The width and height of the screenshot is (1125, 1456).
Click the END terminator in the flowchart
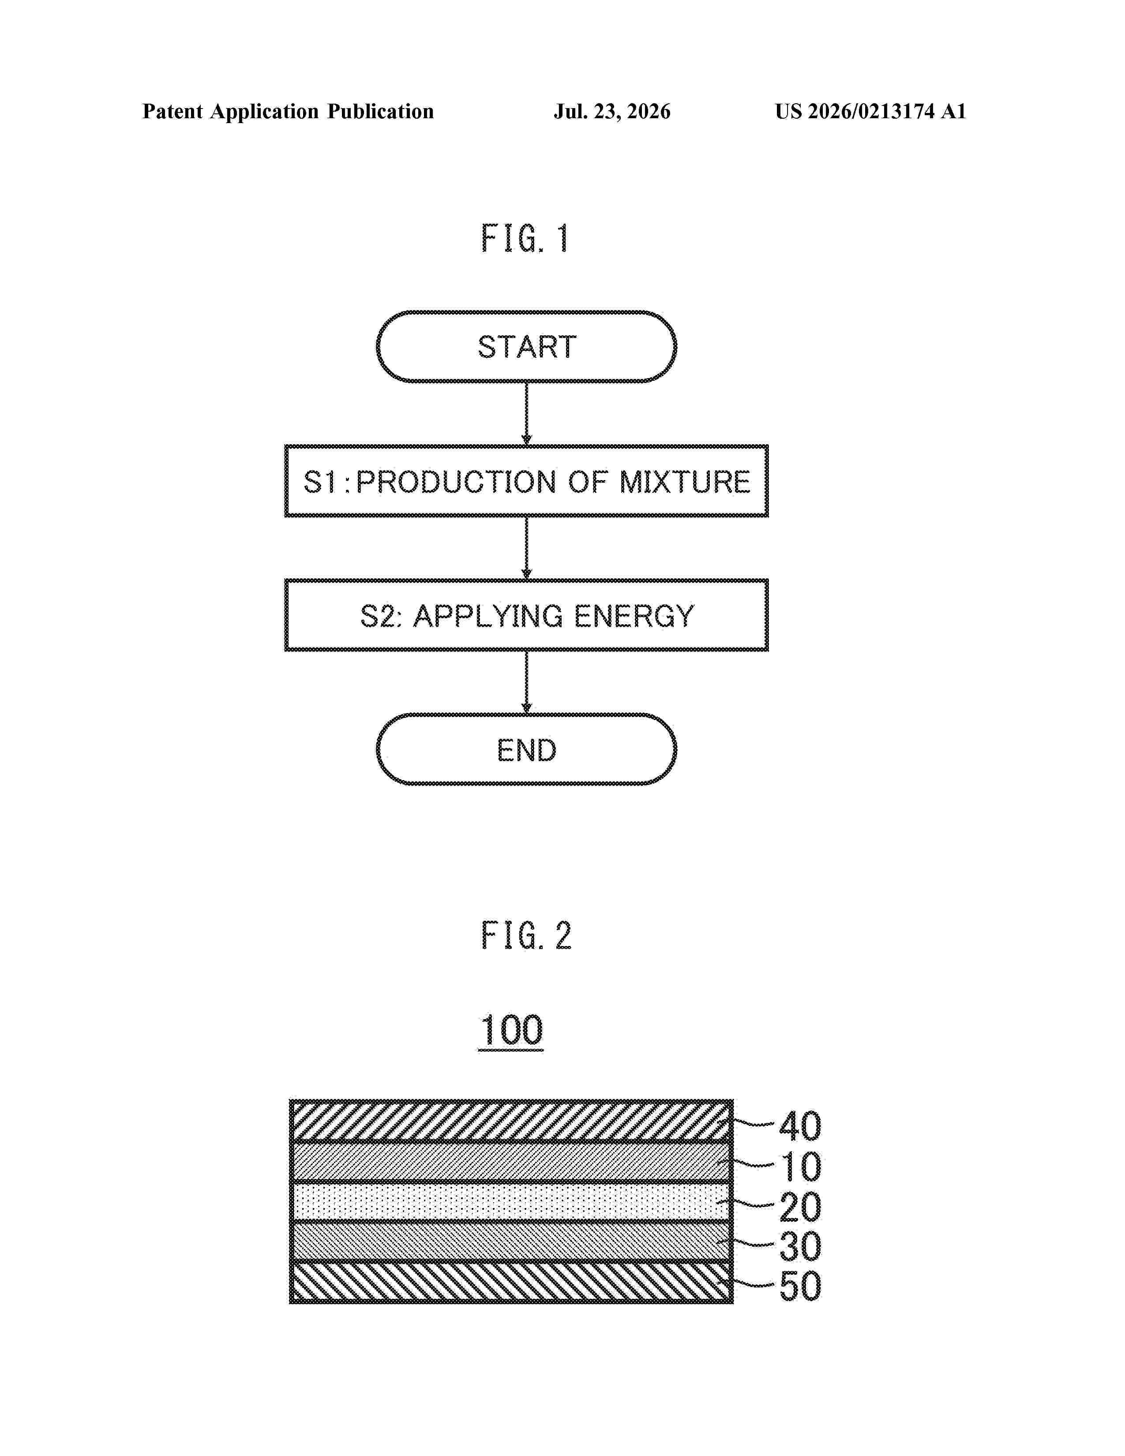tap(526, 749)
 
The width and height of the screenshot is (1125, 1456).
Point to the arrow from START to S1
tap(526, 414)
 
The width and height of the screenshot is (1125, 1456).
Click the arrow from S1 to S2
tap(526, 548)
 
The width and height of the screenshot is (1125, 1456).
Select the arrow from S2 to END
tap(526, 682)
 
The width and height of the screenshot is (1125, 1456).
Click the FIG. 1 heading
tap(525, 239)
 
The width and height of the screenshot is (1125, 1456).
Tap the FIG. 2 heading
tap(526, 935)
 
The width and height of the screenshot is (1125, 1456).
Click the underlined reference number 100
tap(511, 1031)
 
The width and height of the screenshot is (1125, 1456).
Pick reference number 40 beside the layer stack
tap(800, 1127)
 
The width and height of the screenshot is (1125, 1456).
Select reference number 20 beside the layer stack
tap(800, 1207)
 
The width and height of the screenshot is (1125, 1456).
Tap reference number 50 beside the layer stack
tap(800, 1286)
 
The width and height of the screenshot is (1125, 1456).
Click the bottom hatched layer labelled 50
tap(511, 1281)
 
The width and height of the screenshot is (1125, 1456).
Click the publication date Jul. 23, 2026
tap(612, 111)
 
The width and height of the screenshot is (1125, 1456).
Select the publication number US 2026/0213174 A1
tap(870, 111)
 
